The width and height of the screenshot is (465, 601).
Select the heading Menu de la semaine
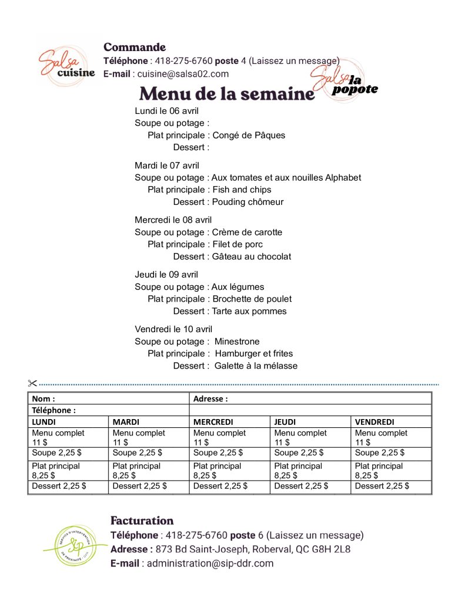227,94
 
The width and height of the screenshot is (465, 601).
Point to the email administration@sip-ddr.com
210,563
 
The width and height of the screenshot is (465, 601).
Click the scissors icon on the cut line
32,384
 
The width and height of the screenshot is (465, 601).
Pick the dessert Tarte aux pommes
249,311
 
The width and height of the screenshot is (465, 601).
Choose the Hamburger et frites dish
253,353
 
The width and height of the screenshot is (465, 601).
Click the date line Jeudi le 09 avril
166,275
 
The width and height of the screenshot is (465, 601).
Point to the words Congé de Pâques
249,135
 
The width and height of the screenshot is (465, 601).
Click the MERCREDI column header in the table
213,422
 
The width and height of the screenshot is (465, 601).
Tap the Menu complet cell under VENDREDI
381,437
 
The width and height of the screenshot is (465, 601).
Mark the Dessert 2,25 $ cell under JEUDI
301,486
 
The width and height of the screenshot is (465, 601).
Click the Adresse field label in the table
210,399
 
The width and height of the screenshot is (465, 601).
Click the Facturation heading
142,521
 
